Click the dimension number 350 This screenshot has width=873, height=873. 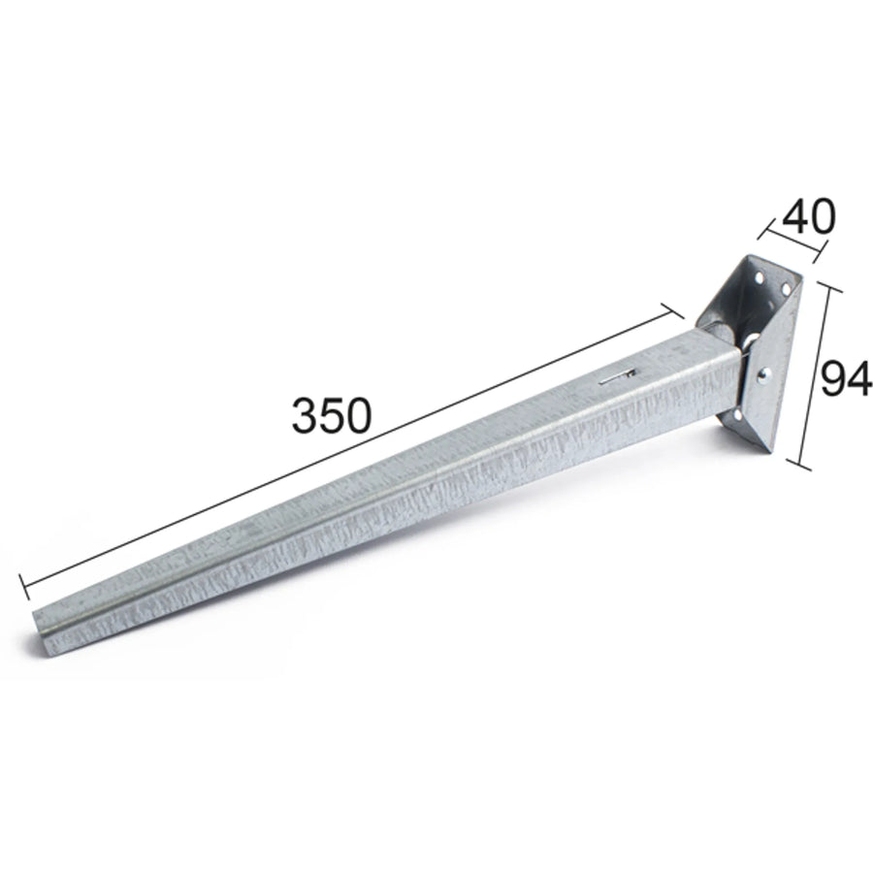(x=331, y=416)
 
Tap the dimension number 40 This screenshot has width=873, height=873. (x=809, y=216)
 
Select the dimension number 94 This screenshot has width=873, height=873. (x=845, y=379)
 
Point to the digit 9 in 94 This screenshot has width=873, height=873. (x=832, y=379)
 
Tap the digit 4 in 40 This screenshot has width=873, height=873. (x=795, y=216)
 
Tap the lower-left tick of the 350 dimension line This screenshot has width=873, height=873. (x=24, y=587)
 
